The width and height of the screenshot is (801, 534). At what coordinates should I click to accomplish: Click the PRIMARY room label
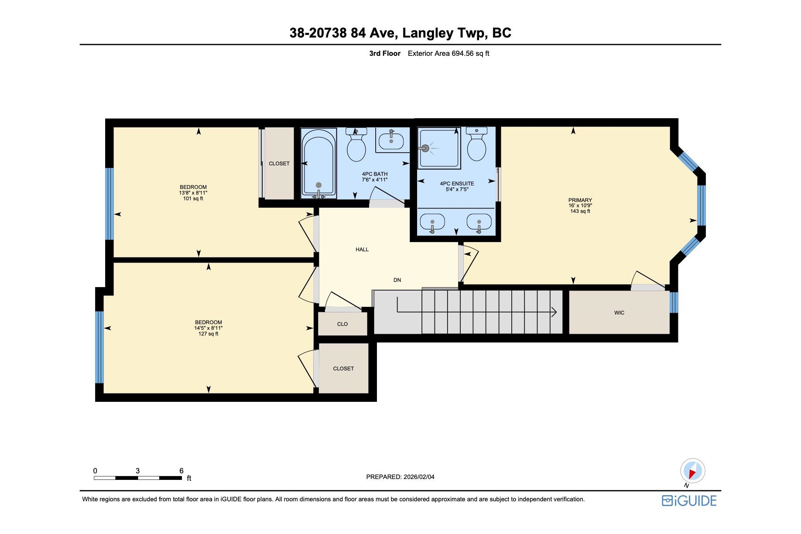click(x=580, y=200)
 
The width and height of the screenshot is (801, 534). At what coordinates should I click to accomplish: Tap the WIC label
click(x=619, y=313)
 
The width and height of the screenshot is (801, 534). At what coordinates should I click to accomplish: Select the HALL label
click(x=362, y=250)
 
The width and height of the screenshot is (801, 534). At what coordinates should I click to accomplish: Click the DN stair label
click(x=397, y=280)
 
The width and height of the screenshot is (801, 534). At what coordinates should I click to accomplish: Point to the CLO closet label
click(x=342, y=324)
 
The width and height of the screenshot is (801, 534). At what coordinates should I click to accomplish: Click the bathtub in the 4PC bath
click(x=319, y=164)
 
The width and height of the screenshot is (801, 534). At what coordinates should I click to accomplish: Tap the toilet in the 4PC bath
click(x=356, y=144)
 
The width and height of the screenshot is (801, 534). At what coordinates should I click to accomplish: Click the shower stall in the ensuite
click(x=438, y=147)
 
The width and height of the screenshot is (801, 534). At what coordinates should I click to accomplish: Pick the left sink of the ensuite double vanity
click(x=432, y=222)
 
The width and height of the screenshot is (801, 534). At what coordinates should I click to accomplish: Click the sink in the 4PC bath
click(x=391, y=140)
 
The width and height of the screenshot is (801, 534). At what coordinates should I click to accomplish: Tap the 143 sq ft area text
click(x=580, y=211)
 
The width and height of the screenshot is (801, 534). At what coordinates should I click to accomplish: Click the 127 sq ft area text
click(x=208, y=334)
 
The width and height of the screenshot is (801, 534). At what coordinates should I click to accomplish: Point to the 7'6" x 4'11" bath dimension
click(x=375, y=179)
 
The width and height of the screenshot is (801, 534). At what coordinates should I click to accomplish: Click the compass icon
click(x=692, y=472)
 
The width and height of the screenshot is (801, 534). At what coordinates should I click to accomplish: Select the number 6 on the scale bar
click(x=181, y=471)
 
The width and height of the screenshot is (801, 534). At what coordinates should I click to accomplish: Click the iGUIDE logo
click(x=689, y=500)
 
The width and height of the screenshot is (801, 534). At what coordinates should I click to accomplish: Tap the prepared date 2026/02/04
click(x=418, y=477)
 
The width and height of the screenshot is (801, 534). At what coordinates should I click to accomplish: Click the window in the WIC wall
click(x=674, y=302)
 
